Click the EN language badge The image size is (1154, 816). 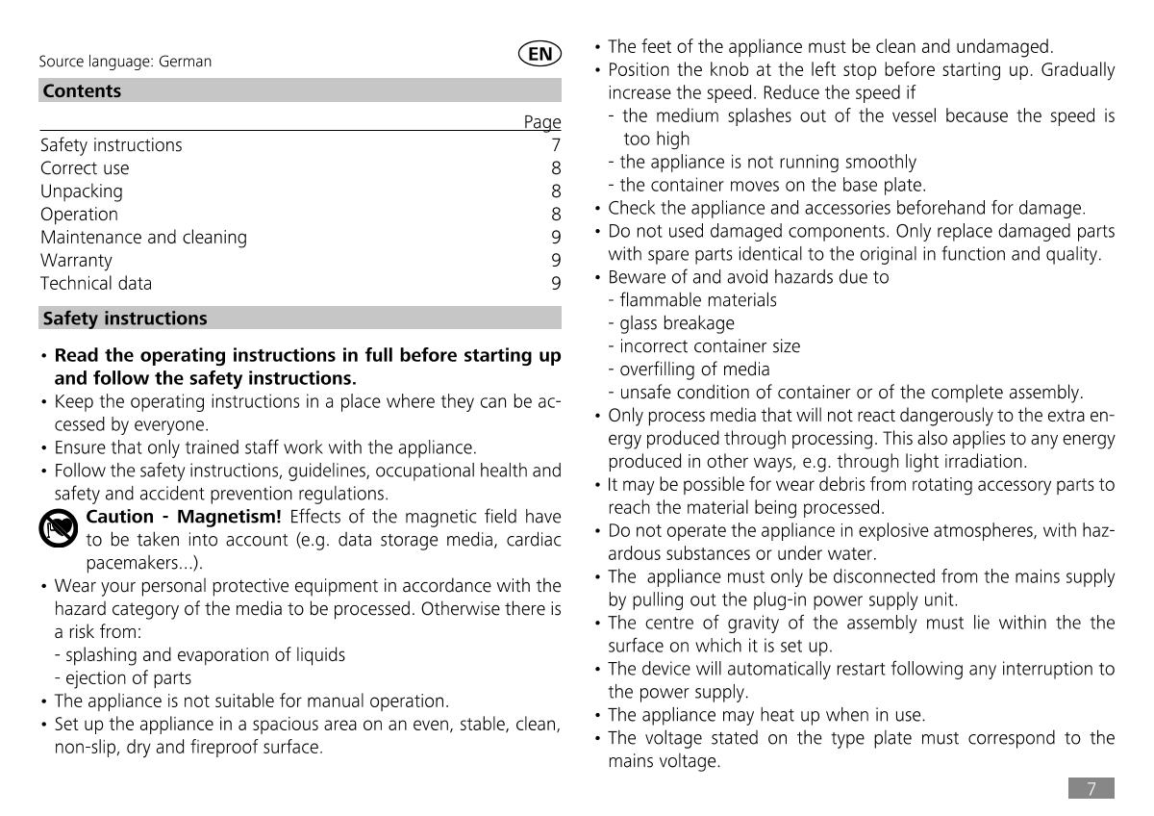pyautogui.click(x=540, y=55)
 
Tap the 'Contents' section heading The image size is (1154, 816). pyautogui.click(x=83, y=91)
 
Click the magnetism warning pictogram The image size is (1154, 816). pyautogui.click(x=60, y=529)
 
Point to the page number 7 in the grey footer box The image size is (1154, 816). pyautogui.click(x=1091, y=789)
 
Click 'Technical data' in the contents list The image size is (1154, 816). pyautogui.click(x=96, y=283)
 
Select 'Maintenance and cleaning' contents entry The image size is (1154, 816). pyautogui.click(x=143, y=237)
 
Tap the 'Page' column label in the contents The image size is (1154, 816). pyautogui.click(x=542, y=122)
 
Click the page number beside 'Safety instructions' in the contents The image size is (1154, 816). pyautogui.click(x=556, y=145)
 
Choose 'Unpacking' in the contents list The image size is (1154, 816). pyautogui.click(x=82, y=191)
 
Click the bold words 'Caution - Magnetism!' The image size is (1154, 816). pyautogui.click(x=184, y=517)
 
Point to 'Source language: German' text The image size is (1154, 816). pyautogui.click(x=125, y=62)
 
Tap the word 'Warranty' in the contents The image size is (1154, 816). pyautogui.click(x=76, y=260)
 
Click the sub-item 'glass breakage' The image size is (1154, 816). pyautogui.click(x=676, y=323)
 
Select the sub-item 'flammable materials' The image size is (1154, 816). pyautogui.click(x=698, y=300)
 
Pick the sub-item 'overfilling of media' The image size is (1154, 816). pyautogui.click(x=694, y=370)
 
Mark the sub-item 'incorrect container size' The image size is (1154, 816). pyautogui.click(x=709, y=346)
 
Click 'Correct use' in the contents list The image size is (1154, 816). pyautogui.click(x=85, y=167)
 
